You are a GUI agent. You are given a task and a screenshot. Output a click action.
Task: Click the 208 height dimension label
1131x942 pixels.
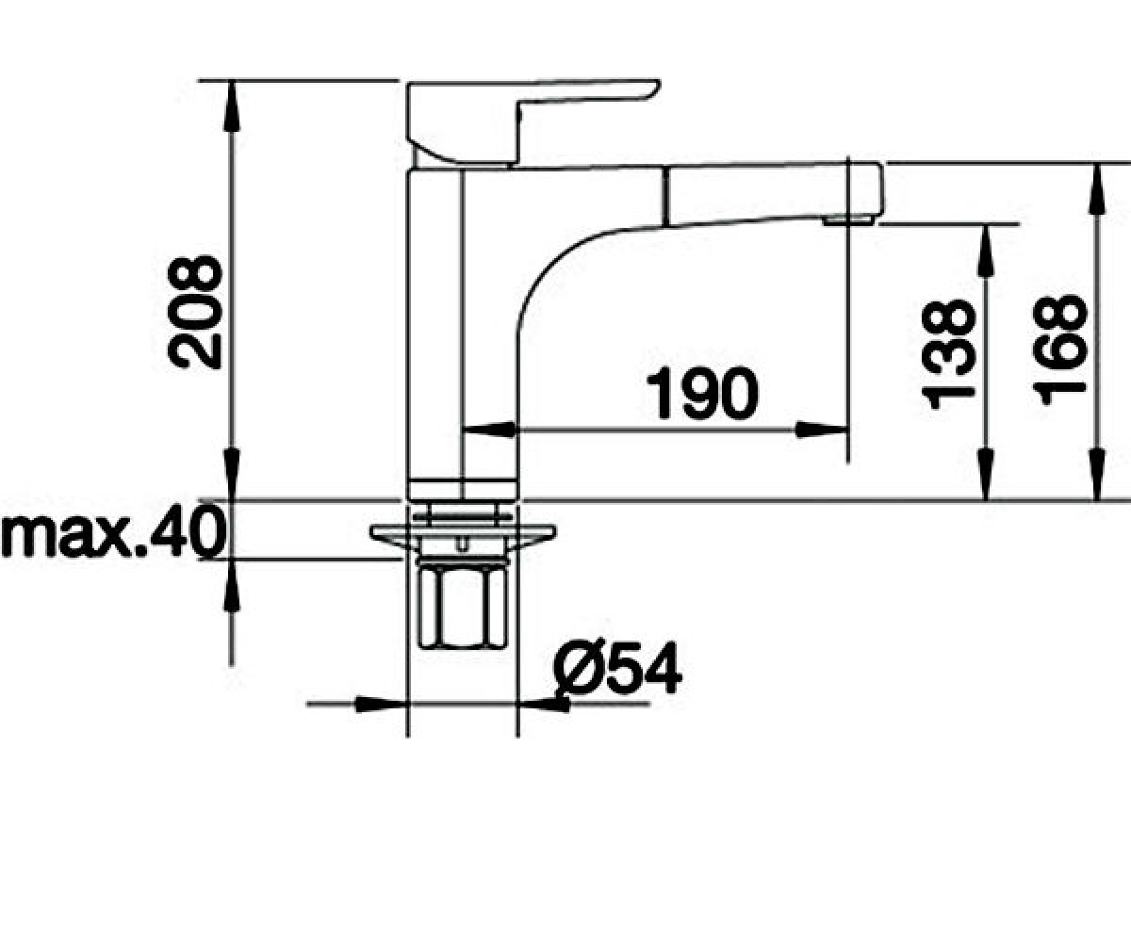pos(195,313)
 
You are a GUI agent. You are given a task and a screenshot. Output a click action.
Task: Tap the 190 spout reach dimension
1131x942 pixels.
pos(702,392)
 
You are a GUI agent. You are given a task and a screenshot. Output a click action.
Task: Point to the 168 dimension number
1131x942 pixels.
pos(1059,349)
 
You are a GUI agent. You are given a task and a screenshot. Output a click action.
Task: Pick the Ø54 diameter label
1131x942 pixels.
pos(617,668)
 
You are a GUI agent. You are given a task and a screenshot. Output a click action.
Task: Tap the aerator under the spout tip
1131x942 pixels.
pos(847,219)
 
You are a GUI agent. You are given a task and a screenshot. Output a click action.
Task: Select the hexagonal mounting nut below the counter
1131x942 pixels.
pos(462,607)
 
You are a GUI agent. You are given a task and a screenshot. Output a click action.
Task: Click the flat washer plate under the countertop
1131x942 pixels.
pos(463,533)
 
